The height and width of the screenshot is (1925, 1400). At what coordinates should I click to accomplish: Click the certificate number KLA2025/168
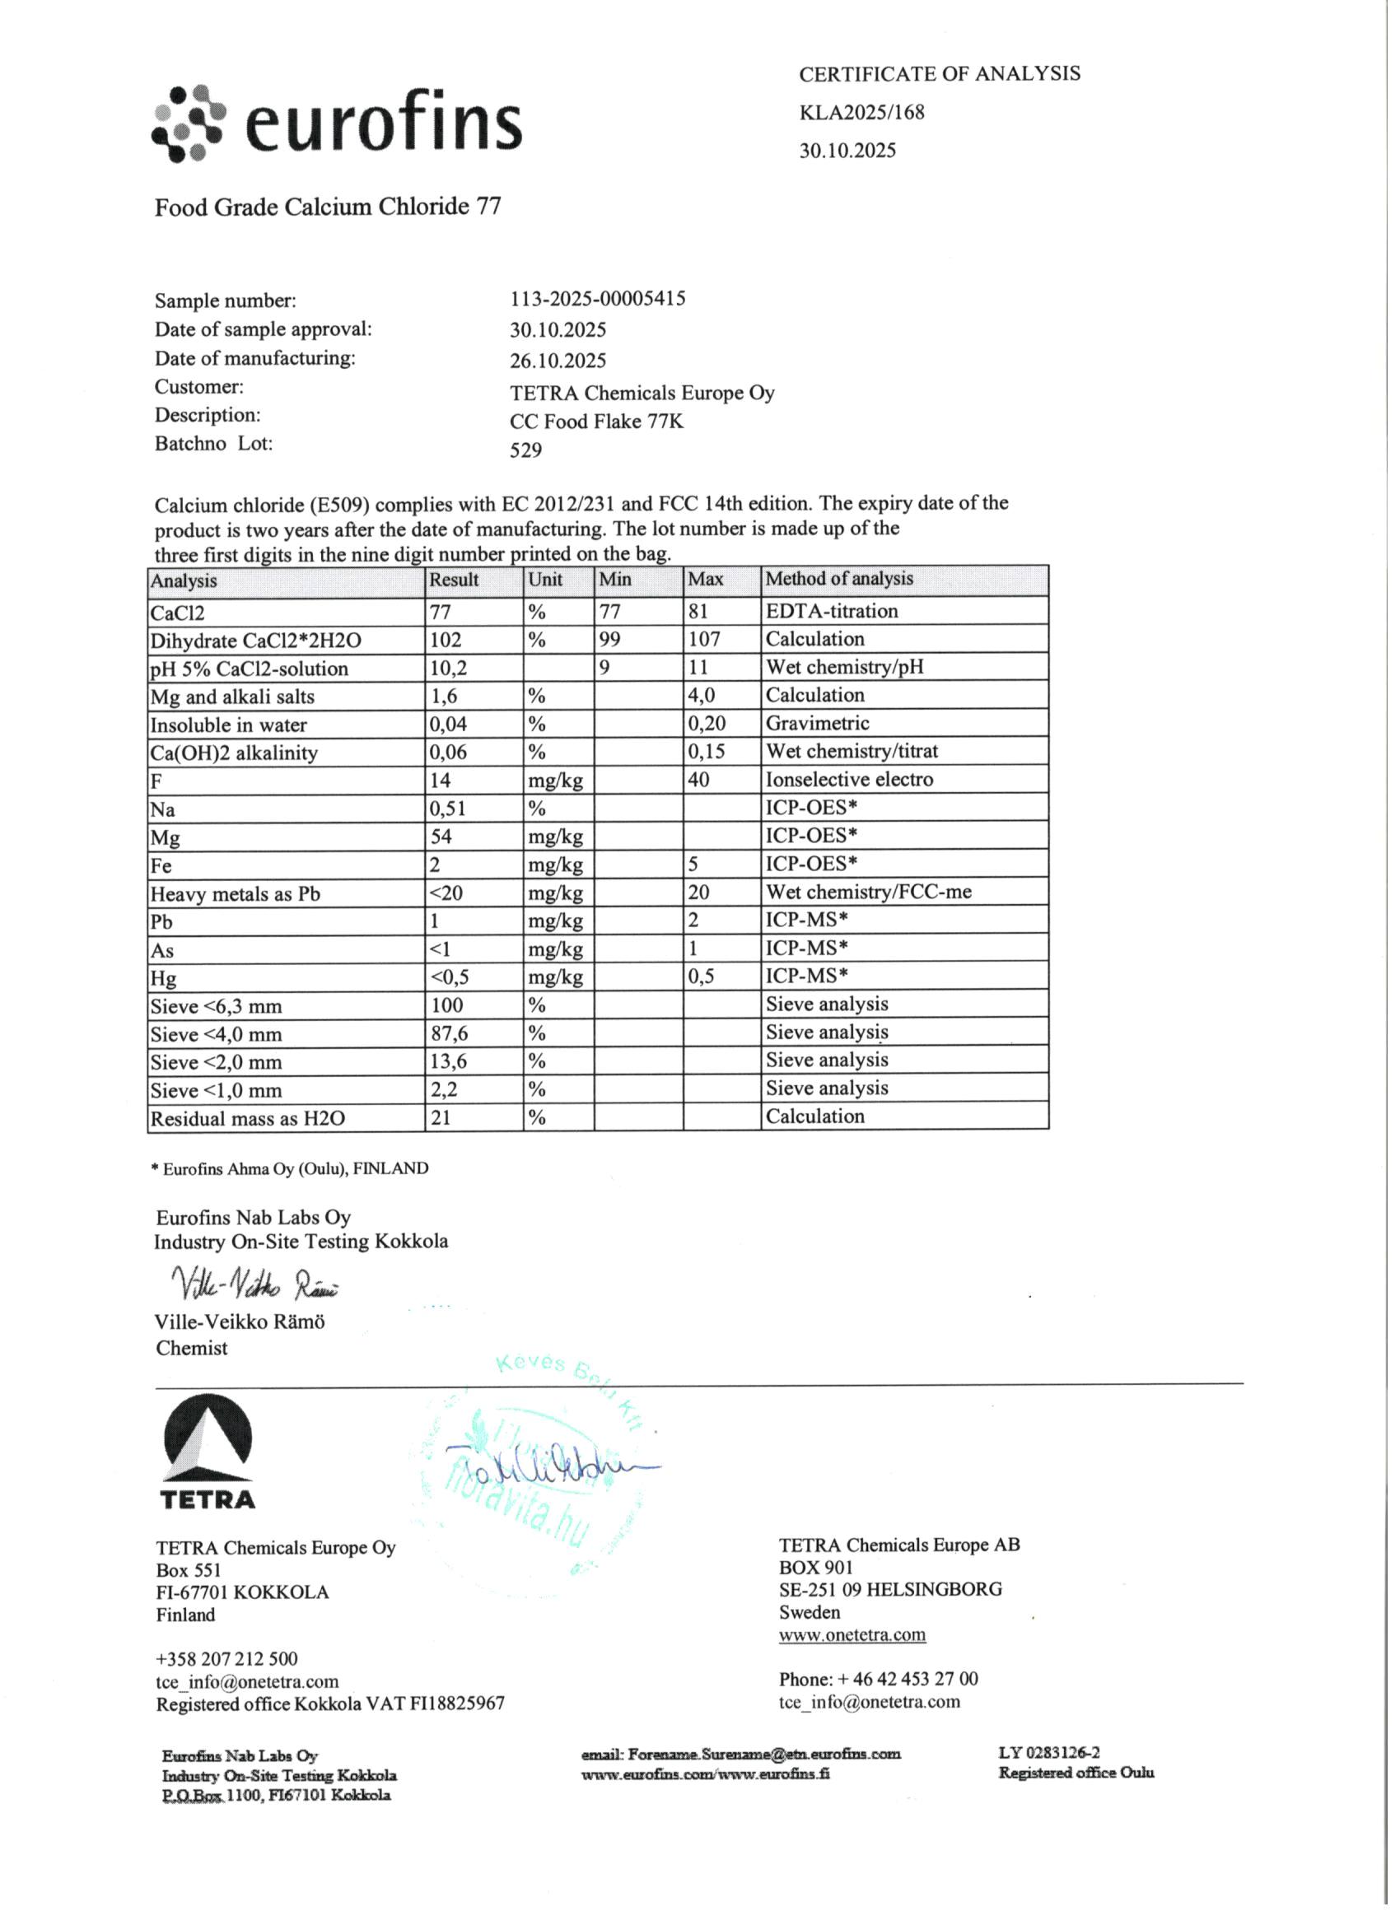(861, 112)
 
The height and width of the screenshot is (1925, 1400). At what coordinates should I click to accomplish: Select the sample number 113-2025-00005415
(597, 299)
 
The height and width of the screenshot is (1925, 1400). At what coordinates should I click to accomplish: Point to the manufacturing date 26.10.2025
(558, 361)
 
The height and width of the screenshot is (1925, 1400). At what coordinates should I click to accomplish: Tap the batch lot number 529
(525, 450)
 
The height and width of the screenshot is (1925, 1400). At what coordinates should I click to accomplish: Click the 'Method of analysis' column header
(839, 579)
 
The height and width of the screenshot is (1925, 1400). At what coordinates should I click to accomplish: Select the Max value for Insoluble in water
(707, 724)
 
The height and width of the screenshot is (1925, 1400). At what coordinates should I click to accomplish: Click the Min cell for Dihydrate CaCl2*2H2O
(609, 639)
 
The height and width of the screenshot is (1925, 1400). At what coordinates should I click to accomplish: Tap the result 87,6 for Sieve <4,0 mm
(449, 1034)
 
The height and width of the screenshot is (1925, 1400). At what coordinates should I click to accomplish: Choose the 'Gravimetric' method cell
(817, 723)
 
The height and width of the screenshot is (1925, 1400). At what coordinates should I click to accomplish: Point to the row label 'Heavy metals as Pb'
(236, 894)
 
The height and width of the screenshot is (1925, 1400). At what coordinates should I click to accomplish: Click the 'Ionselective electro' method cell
(849, 779)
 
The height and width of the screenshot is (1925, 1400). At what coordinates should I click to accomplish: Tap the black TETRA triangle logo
(208, 1439)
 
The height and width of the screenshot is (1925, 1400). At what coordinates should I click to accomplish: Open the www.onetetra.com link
(852, 1634)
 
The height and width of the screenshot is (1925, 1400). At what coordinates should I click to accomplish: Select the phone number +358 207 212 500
(226, 1658)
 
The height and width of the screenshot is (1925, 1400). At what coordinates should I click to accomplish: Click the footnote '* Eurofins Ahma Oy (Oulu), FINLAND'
(290, 1169)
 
